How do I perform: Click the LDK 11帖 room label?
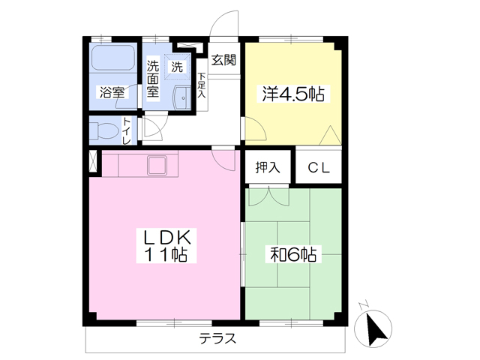pyautogui.click(x=166, y=245)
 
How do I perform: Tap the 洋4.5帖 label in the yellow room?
pyautogui.click(x=293, y=94)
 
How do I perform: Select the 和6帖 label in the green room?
pyautogui.click(x=293, y=254)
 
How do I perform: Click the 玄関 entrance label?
pyautogui.click(x=223, y=60)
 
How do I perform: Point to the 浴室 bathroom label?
pyautogui.click(x=112, y=92)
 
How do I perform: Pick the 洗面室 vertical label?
pyautogui.click(x=153, y=79)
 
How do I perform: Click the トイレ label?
pyautogui.click(x=127, y=130)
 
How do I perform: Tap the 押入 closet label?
pyautogui.click(x=268, y=167)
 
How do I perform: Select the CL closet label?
pyautogui.click(x=319, y=167)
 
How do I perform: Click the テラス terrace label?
pyautogui.click(x=217, y=338)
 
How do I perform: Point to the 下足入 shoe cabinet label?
pyautogui.click(x=202, y=85)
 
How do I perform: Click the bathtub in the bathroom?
pyautogui.click(x=113, y=58)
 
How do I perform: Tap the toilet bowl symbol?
pyautogui.click(x=104, y=130)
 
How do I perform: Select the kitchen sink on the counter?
pyautogui.click(x=157, y=165)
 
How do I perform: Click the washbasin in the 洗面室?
pyautogui.click(x=181, y=97)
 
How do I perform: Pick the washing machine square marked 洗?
pyautogui.click(x=177, y=67)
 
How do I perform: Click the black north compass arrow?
pyautogui.click(x=376, y=330)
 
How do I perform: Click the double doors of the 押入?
pyautogui.click(x=268, y=196)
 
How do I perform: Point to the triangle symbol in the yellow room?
pyautogui.click(x=330, y=135)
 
